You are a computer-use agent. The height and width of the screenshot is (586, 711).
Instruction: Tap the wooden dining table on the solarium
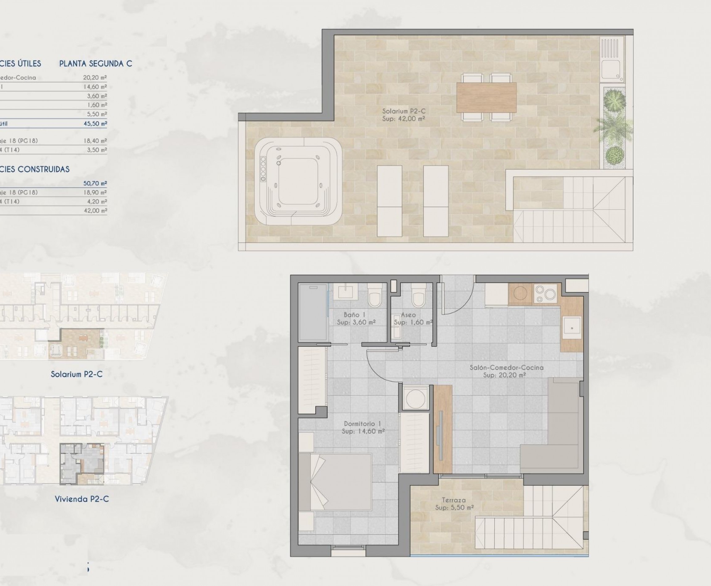[486, 97]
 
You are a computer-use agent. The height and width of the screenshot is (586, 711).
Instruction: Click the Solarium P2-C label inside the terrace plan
[404, 115]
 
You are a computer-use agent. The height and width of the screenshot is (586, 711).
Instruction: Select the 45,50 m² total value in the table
[95, 124]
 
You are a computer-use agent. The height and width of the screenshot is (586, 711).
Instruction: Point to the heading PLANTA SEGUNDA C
[96, 64]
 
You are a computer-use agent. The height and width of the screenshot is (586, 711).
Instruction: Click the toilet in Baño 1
[375, 295]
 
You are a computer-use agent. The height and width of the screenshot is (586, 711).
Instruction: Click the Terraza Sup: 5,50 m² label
[454, 504]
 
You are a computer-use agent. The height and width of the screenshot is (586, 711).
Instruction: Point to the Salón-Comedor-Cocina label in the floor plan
[506, 371]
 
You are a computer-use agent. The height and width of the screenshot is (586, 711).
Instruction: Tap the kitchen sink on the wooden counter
[572, 328]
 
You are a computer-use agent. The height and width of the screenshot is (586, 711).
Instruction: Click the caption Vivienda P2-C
[82, 499]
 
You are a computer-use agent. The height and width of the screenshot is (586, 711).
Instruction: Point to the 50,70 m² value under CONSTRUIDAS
[95, 183]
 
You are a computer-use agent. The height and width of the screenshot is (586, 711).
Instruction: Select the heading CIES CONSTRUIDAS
[35, 169]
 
